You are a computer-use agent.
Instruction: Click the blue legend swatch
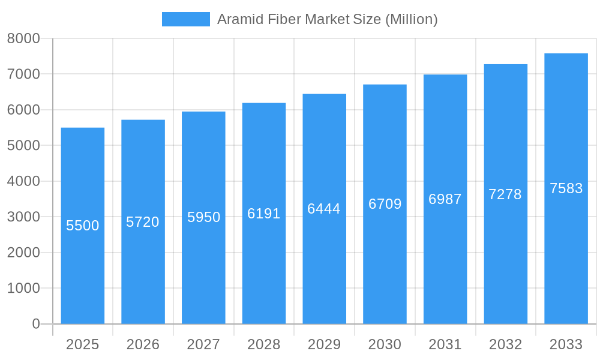[185, 19]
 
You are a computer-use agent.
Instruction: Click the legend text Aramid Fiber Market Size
[327, 19]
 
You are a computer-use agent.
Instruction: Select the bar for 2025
[83, 270]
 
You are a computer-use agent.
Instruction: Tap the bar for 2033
[566, 252]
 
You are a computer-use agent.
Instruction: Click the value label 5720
[143, 222]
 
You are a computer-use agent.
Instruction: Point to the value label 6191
[264, 214]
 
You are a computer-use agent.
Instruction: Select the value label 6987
[445, 199]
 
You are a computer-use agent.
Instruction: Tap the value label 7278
[505, 194]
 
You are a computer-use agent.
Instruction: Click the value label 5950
[204, 217]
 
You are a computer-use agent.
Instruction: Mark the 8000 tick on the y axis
[23, 38]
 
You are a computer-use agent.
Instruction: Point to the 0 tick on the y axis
[36, 324]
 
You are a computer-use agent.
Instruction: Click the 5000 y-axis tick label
[23, 145]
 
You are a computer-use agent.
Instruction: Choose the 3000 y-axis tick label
[23, 217]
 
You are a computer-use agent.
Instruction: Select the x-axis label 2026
[143, 344]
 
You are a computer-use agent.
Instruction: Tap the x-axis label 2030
[385, 344]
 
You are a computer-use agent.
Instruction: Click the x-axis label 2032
[505, 344]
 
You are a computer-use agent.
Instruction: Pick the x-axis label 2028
[264, 344]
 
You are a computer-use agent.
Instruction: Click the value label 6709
[385, 204]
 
